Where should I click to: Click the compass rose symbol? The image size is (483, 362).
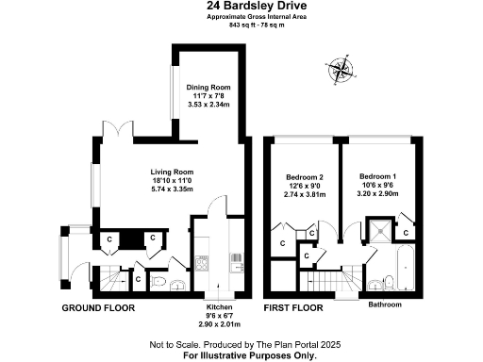click(340, 69)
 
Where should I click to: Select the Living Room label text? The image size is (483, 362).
click(172, 172)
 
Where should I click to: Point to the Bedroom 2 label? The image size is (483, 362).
click(305, 176)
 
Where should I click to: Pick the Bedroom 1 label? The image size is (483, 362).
click(377, 176)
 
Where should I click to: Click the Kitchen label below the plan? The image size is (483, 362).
click(219, 308)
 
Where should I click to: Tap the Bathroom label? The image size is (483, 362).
click(385, 305)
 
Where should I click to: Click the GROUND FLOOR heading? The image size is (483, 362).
click(98, 308)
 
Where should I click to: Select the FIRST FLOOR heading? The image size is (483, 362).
click(292, 308)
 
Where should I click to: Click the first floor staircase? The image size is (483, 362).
click(336, 279)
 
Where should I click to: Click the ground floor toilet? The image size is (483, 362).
click(158, 280)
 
